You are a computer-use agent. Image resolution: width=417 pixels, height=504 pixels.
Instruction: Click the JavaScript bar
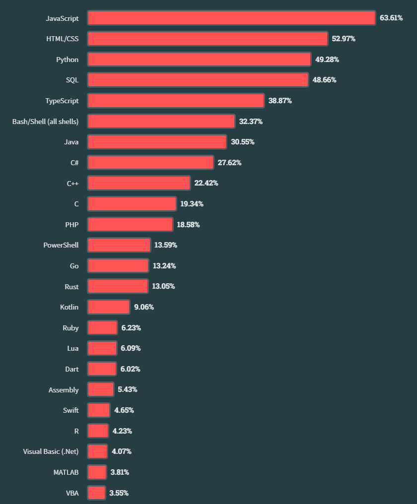[x=231, y=18]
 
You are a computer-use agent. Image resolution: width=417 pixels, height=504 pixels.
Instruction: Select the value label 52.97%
[x=344, y=39]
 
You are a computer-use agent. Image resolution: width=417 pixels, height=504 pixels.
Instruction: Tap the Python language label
[x=67, y=60]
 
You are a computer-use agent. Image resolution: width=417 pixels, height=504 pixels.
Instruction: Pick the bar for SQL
[x=198, y=80]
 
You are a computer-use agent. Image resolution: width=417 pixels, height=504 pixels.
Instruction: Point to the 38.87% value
[x=280, y=101]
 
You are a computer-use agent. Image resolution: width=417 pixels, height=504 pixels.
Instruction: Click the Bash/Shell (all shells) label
[x=45, y=121]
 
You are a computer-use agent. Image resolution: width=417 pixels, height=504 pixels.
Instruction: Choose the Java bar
[x=157, y=142]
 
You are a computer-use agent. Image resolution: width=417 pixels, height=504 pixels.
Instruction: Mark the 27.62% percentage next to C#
[x=229, y=163]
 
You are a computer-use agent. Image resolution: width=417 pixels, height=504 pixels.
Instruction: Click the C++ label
[x=72, y=183]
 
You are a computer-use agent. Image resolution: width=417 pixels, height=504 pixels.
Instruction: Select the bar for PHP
[x=130, y=224]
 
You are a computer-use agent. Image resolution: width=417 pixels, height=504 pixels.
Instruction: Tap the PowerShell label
[x=61, y=245]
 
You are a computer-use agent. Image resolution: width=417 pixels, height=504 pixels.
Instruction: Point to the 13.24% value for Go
[x=164, y=266]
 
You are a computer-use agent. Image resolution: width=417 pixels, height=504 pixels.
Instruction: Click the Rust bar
[x=118, y=286]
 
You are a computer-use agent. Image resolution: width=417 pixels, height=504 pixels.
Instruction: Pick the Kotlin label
[x=69, y=307]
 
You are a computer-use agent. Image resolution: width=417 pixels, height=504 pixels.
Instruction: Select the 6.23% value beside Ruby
[x=131, y=328]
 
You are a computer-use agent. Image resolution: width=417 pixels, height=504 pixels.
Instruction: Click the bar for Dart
[x=102, y=369]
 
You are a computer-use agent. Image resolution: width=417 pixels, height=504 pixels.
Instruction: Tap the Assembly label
[x=64, y=390]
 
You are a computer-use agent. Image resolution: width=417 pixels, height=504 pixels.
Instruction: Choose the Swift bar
[x=99, y=410]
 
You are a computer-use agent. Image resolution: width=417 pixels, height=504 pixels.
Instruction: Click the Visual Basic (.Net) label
[x=51, y=451]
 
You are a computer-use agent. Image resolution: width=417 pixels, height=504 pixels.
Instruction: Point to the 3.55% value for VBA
[x=119, y=493]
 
